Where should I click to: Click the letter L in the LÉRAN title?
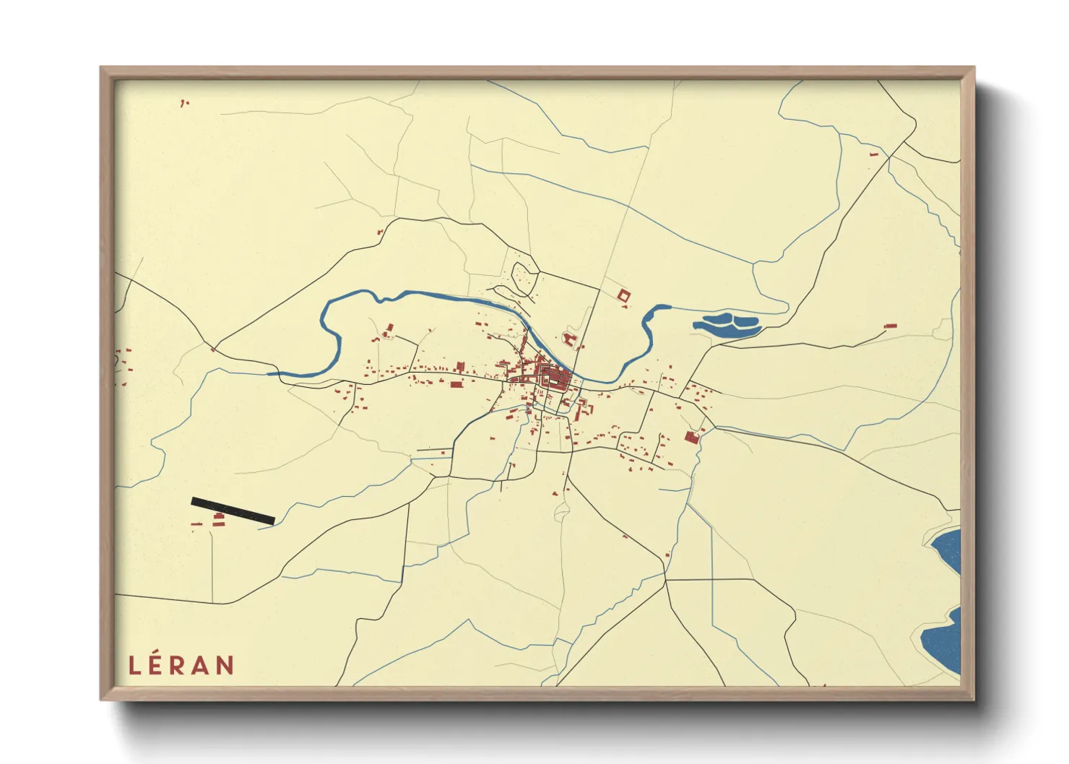[134, 665]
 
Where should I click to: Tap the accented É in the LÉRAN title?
[158, 664]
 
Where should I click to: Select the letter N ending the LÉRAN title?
[225, 665]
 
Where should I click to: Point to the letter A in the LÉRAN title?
[203, 665]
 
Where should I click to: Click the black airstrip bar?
[233, 511]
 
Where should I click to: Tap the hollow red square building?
[623, 295]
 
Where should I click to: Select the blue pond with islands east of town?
[727, 325]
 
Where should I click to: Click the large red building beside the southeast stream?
[691, 437]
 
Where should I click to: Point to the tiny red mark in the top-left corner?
[183, 104]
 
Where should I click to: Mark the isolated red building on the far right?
[890, 326]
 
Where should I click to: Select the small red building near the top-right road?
[873, 155]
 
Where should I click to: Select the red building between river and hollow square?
[569, 339]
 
